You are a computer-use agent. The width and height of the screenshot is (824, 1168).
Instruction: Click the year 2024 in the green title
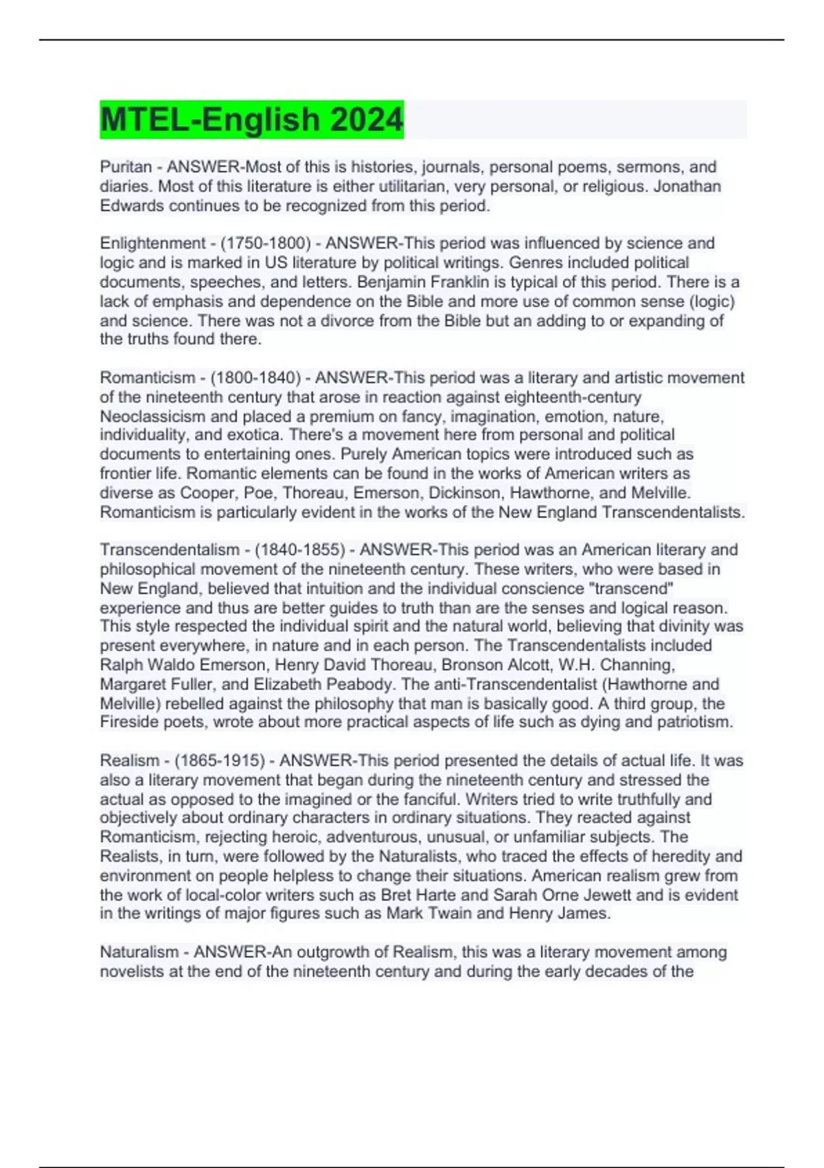click(366, 120)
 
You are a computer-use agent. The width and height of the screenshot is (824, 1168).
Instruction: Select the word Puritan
click(126, 167)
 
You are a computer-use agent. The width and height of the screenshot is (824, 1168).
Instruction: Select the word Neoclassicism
click(152, 416)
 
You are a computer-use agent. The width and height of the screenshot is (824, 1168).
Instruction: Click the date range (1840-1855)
click(300, 550)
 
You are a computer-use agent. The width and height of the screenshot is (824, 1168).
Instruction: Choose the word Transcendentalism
click(170, 550)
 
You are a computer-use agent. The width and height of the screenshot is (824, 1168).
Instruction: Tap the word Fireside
click(128, 722)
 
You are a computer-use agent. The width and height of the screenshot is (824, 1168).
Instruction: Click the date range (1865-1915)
click(220, 761)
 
